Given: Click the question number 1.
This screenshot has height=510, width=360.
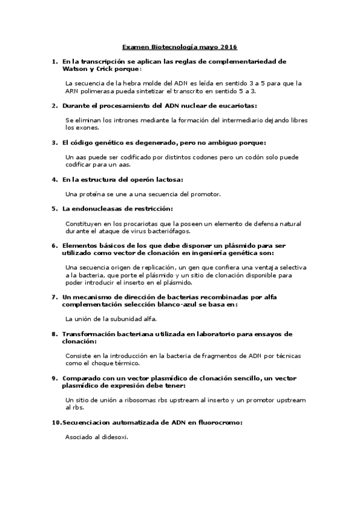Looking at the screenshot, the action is [x=55, y=61].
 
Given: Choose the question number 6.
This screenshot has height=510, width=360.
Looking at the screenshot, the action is [x=55, y=245].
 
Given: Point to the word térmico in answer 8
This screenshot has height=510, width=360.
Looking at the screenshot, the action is [x=126, y=363].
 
